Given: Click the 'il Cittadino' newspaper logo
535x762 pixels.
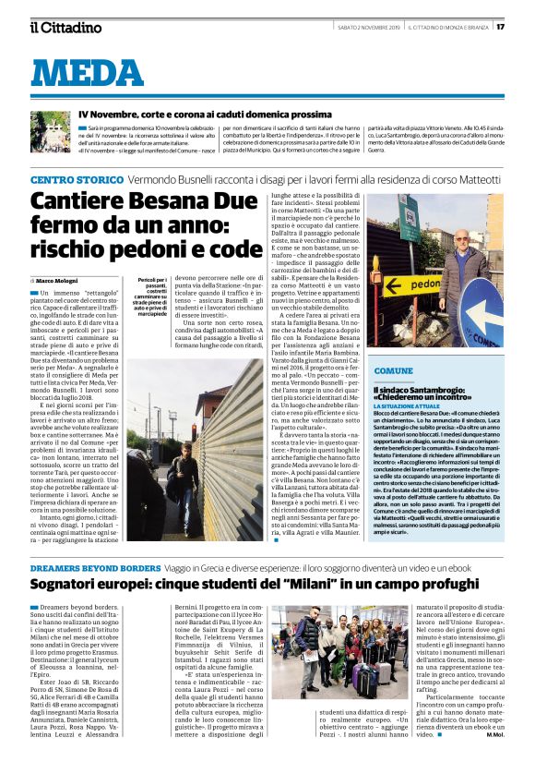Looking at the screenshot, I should (65, 27).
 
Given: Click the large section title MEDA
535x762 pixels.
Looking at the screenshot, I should (93, 71).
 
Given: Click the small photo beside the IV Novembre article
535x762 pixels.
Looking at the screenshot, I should (51, 132).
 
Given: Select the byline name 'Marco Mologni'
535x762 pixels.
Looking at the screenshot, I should (57, 279).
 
